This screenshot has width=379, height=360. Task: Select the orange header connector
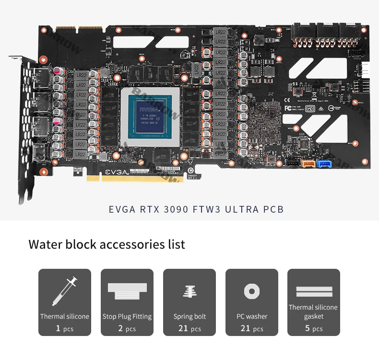tap(307, 164)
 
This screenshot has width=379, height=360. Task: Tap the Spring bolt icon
tap(189, 291)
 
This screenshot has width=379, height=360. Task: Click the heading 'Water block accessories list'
tap(107, 244)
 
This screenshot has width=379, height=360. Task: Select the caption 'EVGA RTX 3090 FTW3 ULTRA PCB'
tap(196, 209)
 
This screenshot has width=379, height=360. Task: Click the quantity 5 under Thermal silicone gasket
tap(308, 329)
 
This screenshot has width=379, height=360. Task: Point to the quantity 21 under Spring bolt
tap(183, 329)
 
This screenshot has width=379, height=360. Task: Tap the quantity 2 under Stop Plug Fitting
tap(120, 329)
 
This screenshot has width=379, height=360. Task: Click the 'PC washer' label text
tap(252, 316)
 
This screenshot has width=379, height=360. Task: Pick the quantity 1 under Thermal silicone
tap(58, 329)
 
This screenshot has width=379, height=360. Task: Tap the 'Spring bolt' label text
tap(189, 316)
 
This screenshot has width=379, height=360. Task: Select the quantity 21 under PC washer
tap(246, 329)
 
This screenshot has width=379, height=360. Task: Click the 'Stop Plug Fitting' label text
tap(127, 316)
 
